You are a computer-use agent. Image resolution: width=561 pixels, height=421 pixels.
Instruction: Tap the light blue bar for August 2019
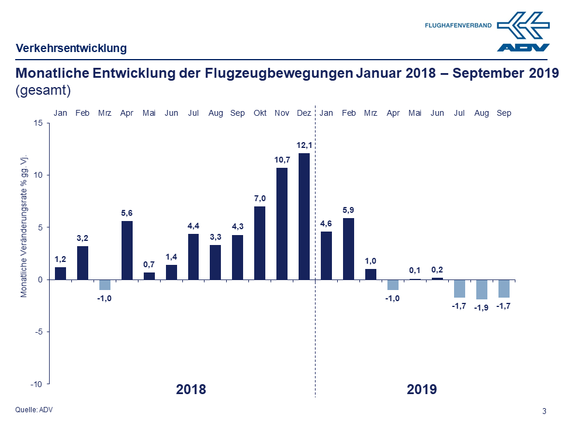(x=482, y=289)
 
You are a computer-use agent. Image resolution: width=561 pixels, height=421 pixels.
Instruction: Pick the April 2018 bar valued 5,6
(x=127, y=250)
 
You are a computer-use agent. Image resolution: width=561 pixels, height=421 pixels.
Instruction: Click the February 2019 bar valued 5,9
(x=348, y=249)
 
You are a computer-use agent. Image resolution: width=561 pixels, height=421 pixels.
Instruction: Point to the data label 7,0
(x=260, y=199)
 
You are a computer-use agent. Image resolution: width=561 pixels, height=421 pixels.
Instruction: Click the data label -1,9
(x=482, y=308)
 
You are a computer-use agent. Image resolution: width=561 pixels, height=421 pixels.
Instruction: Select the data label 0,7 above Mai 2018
(x=149, y=265)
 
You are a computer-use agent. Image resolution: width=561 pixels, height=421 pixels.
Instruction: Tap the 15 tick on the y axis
(x=37, y=123)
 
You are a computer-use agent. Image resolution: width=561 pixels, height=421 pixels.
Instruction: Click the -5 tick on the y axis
(x=39, y=332)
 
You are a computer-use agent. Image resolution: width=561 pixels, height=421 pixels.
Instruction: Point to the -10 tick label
(x=37, y=384)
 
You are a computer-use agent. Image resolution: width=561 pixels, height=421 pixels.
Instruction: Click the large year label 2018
(x=191, y=389)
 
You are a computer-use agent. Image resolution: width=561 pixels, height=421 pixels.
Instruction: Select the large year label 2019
(x=421, y=389)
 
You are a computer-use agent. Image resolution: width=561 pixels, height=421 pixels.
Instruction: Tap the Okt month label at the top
(x=260, y=113)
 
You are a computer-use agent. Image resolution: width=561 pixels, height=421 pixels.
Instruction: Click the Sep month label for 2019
(x=504, y=113)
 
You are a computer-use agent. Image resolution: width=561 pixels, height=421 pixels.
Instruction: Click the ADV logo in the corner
(x=523, y=32)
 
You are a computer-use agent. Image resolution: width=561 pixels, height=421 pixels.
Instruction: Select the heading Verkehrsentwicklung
(x=71, y=49)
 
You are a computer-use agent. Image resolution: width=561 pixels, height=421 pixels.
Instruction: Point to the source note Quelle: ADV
(x=34, y=409)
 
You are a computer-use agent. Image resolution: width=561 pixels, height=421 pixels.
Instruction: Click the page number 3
(x=545, y=410)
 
